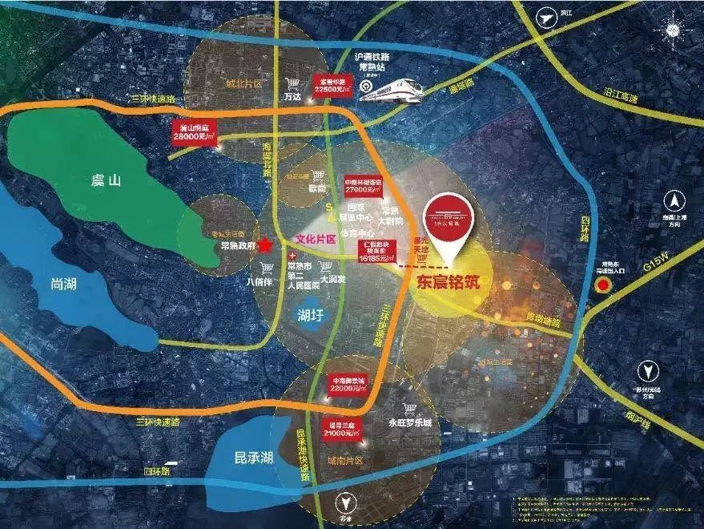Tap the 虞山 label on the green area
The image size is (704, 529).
click(x=105, y=181)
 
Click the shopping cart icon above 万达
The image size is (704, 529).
click(x=293, y=83)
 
